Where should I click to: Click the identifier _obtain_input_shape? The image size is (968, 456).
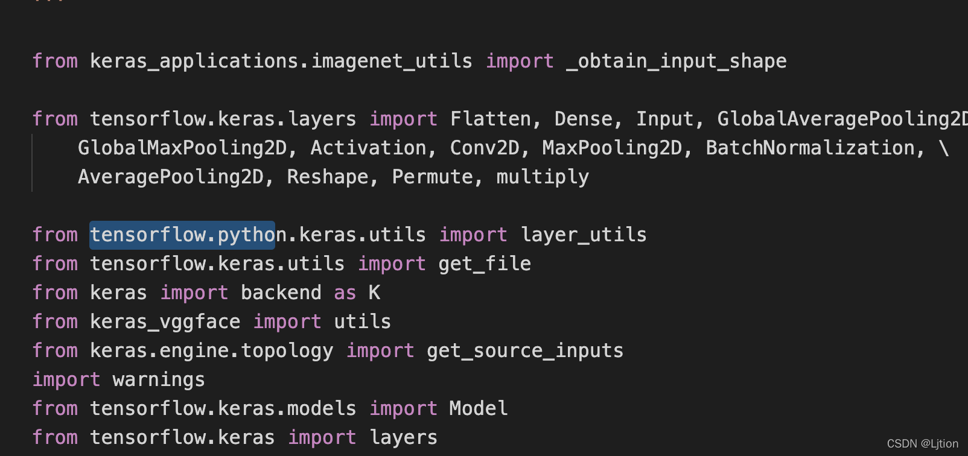click(x=676, y=61)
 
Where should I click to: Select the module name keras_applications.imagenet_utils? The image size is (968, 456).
click(x=281, y=61)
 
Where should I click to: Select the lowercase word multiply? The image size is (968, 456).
click(x=542, y=177)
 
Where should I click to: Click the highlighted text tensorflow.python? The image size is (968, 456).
click(x=182, y=235)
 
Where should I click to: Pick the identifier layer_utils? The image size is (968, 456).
click(x=583, y=235)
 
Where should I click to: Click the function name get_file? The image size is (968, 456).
click(x=485, y=264)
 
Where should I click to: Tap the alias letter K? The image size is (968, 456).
click(x=374, y=293)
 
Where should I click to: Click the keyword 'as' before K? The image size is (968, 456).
click(x=345, y=293)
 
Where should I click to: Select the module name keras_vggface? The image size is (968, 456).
click(x=165, y=321)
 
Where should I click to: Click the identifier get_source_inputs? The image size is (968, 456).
click(x=525, y=350)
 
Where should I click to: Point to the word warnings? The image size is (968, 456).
click(x=159, y=379)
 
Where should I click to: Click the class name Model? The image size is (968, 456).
click(x=479, y=408)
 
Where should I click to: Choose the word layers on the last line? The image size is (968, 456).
click(x=403, y=437)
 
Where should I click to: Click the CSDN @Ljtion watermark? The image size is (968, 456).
click(x=922, y=443)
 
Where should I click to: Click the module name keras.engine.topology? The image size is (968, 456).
click(x=211, y=350)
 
